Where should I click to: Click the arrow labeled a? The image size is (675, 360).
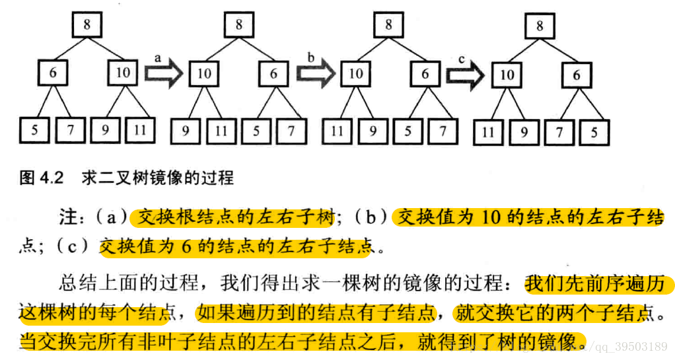(x=163, y=73)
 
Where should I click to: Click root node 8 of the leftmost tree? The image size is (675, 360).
(x=87, y=26)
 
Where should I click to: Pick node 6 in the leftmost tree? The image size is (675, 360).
(x=53, y=73)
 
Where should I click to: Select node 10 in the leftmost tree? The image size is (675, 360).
(x=123, y=73)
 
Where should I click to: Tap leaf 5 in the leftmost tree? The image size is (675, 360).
(x=34, y=130)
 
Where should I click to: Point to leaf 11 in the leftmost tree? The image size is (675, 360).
(x=140, y=130)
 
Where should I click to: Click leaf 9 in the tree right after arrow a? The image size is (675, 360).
(x=186, y=131)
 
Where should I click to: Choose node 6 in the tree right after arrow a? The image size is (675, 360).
(x=273, y=73)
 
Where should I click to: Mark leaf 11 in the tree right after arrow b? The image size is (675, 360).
(x=337, y=131)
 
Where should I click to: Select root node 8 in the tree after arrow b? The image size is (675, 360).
(x=388, y=26)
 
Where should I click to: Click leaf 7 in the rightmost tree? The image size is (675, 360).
(x=559, y=132)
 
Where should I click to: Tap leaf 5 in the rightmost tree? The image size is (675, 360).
(x=594, y=132)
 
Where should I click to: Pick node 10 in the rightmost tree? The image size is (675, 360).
(x=507, y=75)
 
